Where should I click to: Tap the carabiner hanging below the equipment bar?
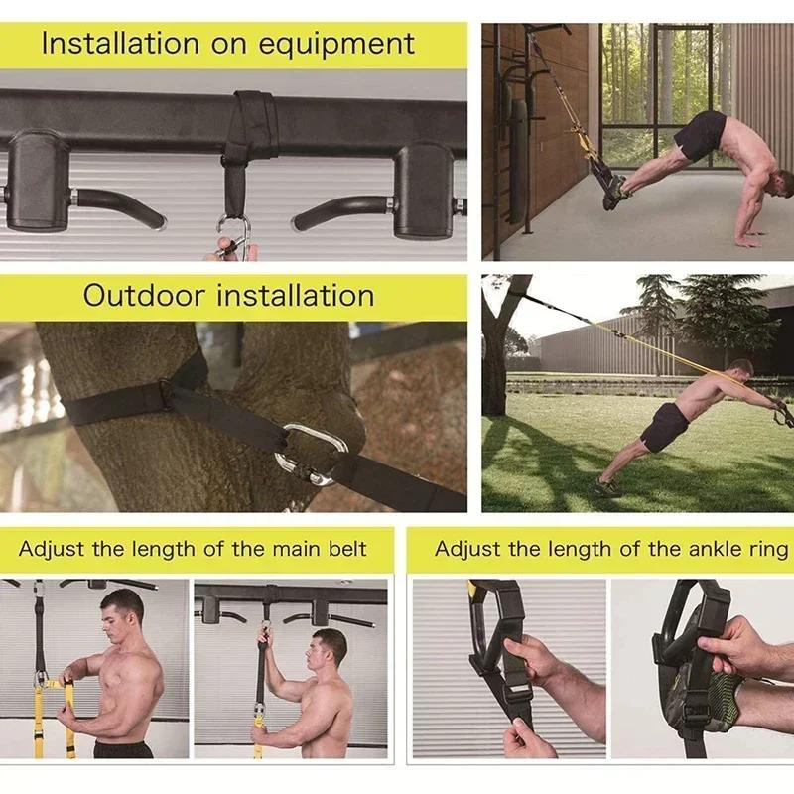pos(234,238)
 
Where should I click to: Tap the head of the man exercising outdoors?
pos(739,370)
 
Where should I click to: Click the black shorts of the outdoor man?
pos(663,427)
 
